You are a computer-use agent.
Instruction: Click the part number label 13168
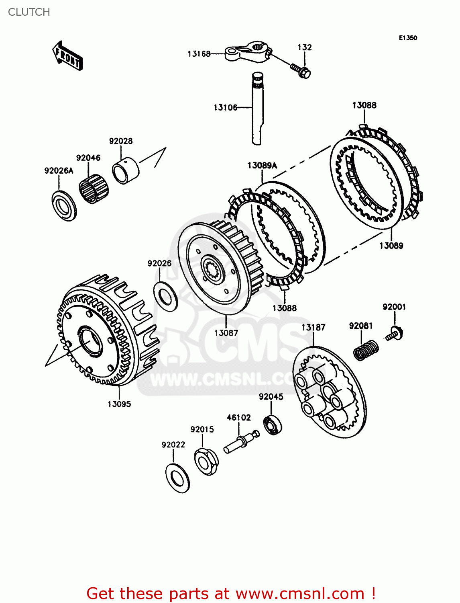(199, 54)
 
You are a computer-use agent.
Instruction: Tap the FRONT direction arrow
(67, 56)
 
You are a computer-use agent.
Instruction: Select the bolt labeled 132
(302, 72)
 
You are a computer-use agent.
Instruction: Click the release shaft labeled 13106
(257, 109)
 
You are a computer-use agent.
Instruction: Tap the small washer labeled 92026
(165, 296)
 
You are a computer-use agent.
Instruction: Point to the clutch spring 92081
(366, 350)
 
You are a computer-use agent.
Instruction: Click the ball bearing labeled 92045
(273, 426)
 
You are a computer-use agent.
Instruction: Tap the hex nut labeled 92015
(206, 461)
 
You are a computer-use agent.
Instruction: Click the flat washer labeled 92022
(177, 478)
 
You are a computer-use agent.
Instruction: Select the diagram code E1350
(407, 38)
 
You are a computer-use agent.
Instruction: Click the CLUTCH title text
(29, 12)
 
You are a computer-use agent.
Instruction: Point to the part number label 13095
(119, 404)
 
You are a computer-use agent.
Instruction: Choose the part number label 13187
(313, 327)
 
